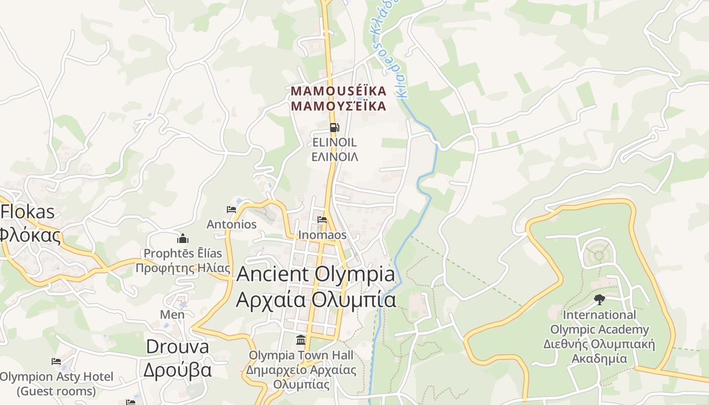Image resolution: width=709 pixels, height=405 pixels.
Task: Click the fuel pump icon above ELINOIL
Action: point(334,128)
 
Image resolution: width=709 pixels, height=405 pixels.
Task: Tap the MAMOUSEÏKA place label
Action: point(338,91)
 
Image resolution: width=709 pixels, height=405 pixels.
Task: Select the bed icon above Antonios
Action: point(231,210)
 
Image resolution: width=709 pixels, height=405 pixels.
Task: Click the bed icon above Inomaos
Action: point(322,220)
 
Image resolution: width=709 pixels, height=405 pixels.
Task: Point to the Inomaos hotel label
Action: point(322,235)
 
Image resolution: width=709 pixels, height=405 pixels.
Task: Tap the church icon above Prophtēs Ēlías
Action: point(183,238)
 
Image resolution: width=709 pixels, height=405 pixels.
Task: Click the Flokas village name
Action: point(27,212)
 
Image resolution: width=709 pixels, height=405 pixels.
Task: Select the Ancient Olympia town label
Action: point(316,274)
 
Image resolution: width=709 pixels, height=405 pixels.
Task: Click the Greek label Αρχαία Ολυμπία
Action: point(316,300)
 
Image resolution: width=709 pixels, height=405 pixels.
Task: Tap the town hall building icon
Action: point(301,340)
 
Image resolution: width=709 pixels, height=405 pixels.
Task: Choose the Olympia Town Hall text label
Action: point(301,355)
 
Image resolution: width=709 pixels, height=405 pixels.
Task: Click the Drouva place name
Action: point(177,347)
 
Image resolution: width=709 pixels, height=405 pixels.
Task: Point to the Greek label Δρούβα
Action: point(177,370)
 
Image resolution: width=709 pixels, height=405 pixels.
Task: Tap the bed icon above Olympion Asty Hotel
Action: point(56,361)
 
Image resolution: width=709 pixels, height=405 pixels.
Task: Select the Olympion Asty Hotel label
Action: point(56,377)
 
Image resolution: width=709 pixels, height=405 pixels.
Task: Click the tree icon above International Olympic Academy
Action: point(600,299)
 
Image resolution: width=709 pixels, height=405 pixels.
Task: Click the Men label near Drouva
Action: point(172,314)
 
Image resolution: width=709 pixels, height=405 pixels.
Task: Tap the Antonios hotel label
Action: point(231,224)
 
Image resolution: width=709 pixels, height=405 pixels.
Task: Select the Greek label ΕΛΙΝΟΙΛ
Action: point(335,157)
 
